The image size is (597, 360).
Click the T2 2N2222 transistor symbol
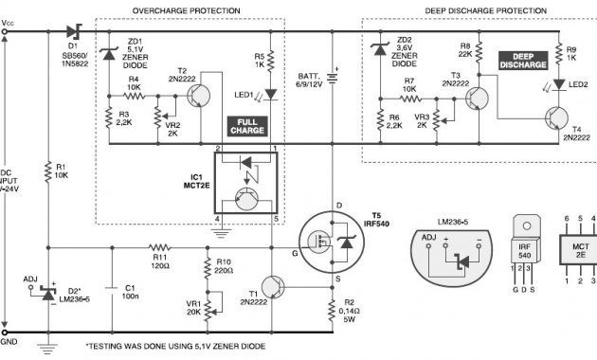click(198, 95)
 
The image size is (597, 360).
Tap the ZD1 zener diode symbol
click(107, 55)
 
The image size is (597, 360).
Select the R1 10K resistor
click(47, 171)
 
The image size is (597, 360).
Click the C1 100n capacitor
click(111, 285)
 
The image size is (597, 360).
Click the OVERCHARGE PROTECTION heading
click(199, 10)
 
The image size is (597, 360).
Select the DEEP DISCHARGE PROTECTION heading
click(477, 10)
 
